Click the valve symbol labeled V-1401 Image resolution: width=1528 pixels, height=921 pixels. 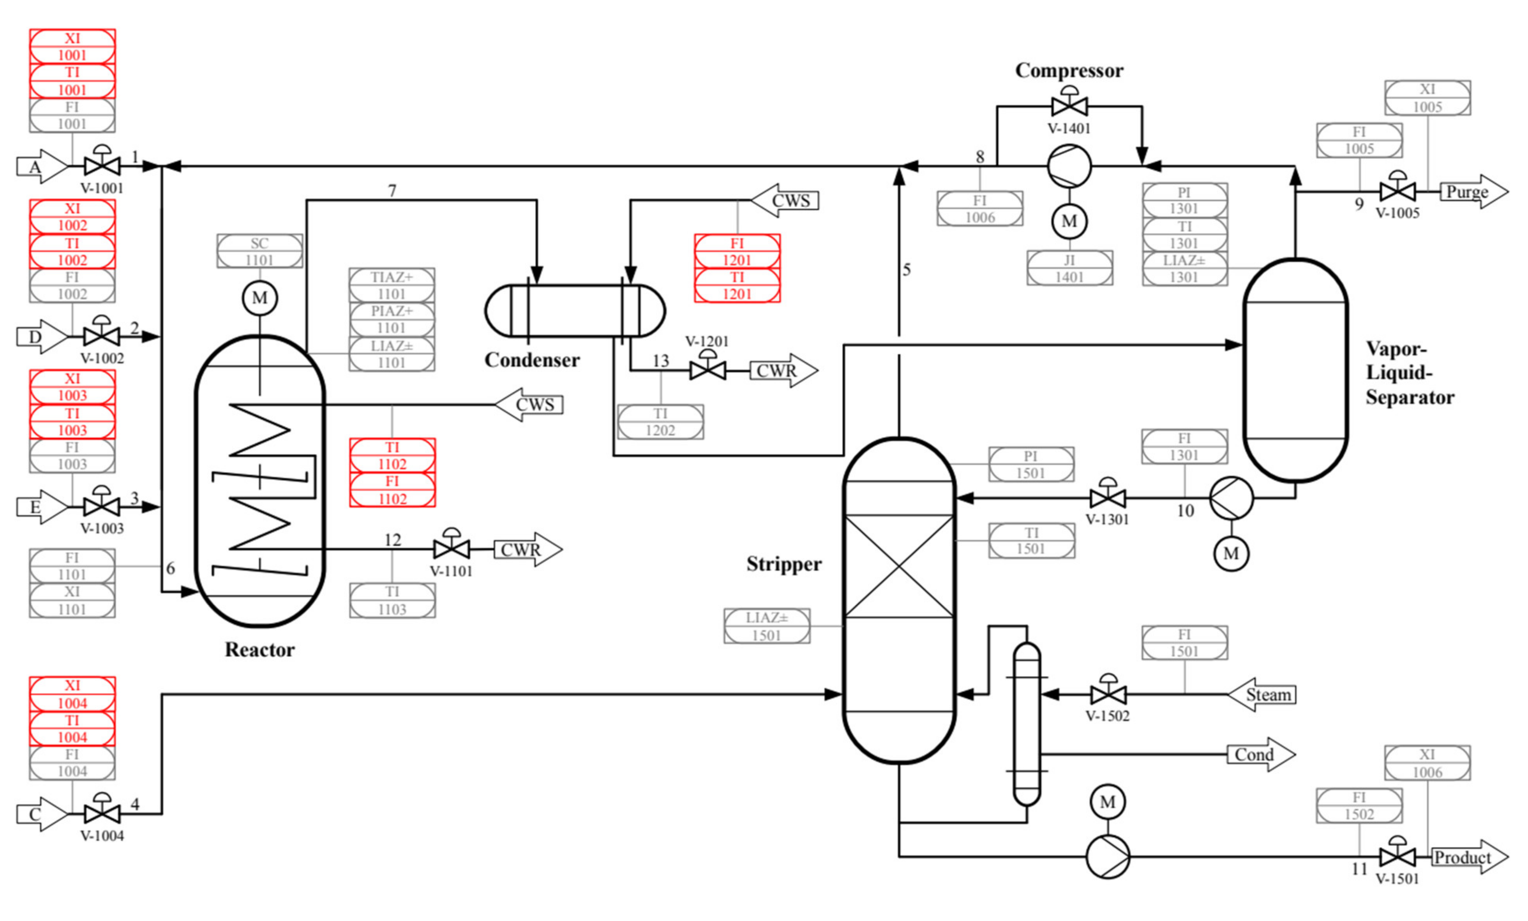1069,106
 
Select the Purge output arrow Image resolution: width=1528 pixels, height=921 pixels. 1473,192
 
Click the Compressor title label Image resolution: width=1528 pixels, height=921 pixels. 1069,70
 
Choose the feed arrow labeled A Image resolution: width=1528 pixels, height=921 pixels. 41,167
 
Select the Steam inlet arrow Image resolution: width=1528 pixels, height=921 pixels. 1262,695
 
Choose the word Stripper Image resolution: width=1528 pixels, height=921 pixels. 784,564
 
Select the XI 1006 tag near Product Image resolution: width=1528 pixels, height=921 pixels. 1427,763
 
